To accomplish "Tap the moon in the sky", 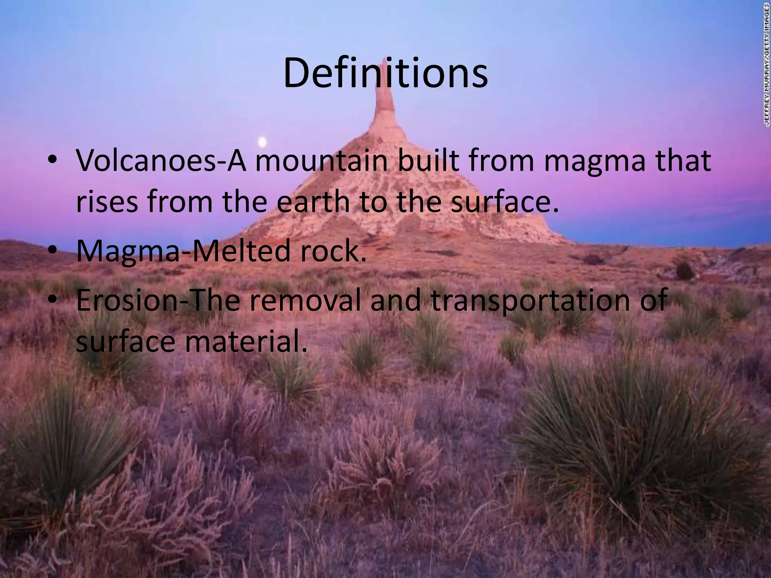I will (262, 142).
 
